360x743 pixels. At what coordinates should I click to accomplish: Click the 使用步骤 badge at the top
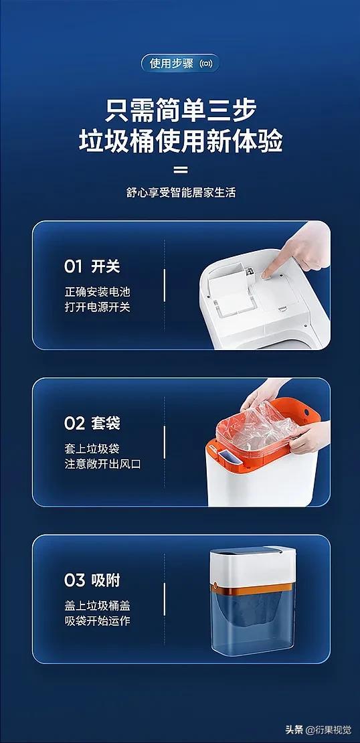[180, 63]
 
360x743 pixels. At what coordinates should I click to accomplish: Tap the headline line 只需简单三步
[181, 111]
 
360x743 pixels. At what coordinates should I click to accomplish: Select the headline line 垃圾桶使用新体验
[181, 141]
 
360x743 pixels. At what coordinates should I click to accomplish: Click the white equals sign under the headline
[181, 169]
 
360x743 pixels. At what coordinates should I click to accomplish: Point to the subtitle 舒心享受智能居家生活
[181, 193]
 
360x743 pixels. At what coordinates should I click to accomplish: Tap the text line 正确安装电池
[97, 291]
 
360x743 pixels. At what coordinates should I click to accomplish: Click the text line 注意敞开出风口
[103, 463]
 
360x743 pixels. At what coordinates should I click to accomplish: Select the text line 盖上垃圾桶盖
[97, 605]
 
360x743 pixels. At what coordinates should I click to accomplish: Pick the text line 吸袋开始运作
[97, 621]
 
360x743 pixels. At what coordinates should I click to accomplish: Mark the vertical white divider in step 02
[165, 442]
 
